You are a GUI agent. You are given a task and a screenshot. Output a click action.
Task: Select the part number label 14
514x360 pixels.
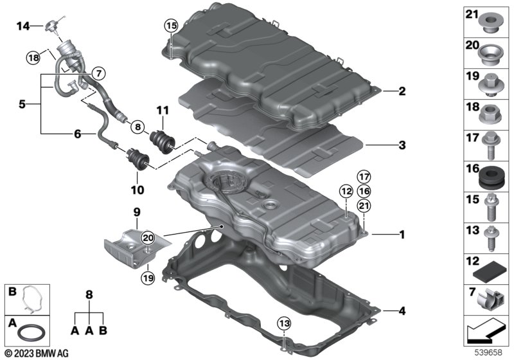tap(23, 26)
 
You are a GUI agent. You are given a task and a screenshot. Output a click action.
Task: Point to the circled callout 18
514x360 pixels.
tap(33, 58)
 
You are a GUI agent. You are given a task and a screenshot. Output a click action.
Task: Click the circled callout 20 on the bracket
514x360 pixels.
tap(148, 238)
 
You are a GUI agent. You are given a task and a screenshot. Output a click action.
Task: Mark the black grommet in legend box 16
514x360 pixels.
tap(492, 175)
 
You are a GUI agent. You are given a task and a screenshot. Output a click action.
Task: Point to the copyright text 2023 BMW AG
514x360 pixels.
tap(31, 353)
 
